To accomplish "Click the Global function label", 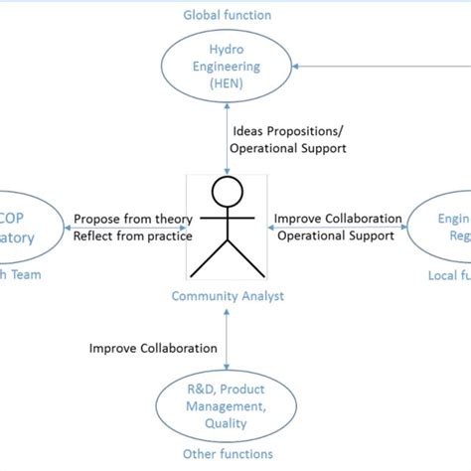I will point(227,15).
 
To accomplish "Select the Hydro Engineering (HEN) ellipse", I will point(228,65).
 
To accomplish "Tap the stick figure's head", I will point(228,193).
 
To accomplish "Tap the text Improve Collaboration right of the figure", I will point(338,219).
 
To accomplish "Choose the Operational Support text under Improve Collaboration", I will point(335,236).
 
